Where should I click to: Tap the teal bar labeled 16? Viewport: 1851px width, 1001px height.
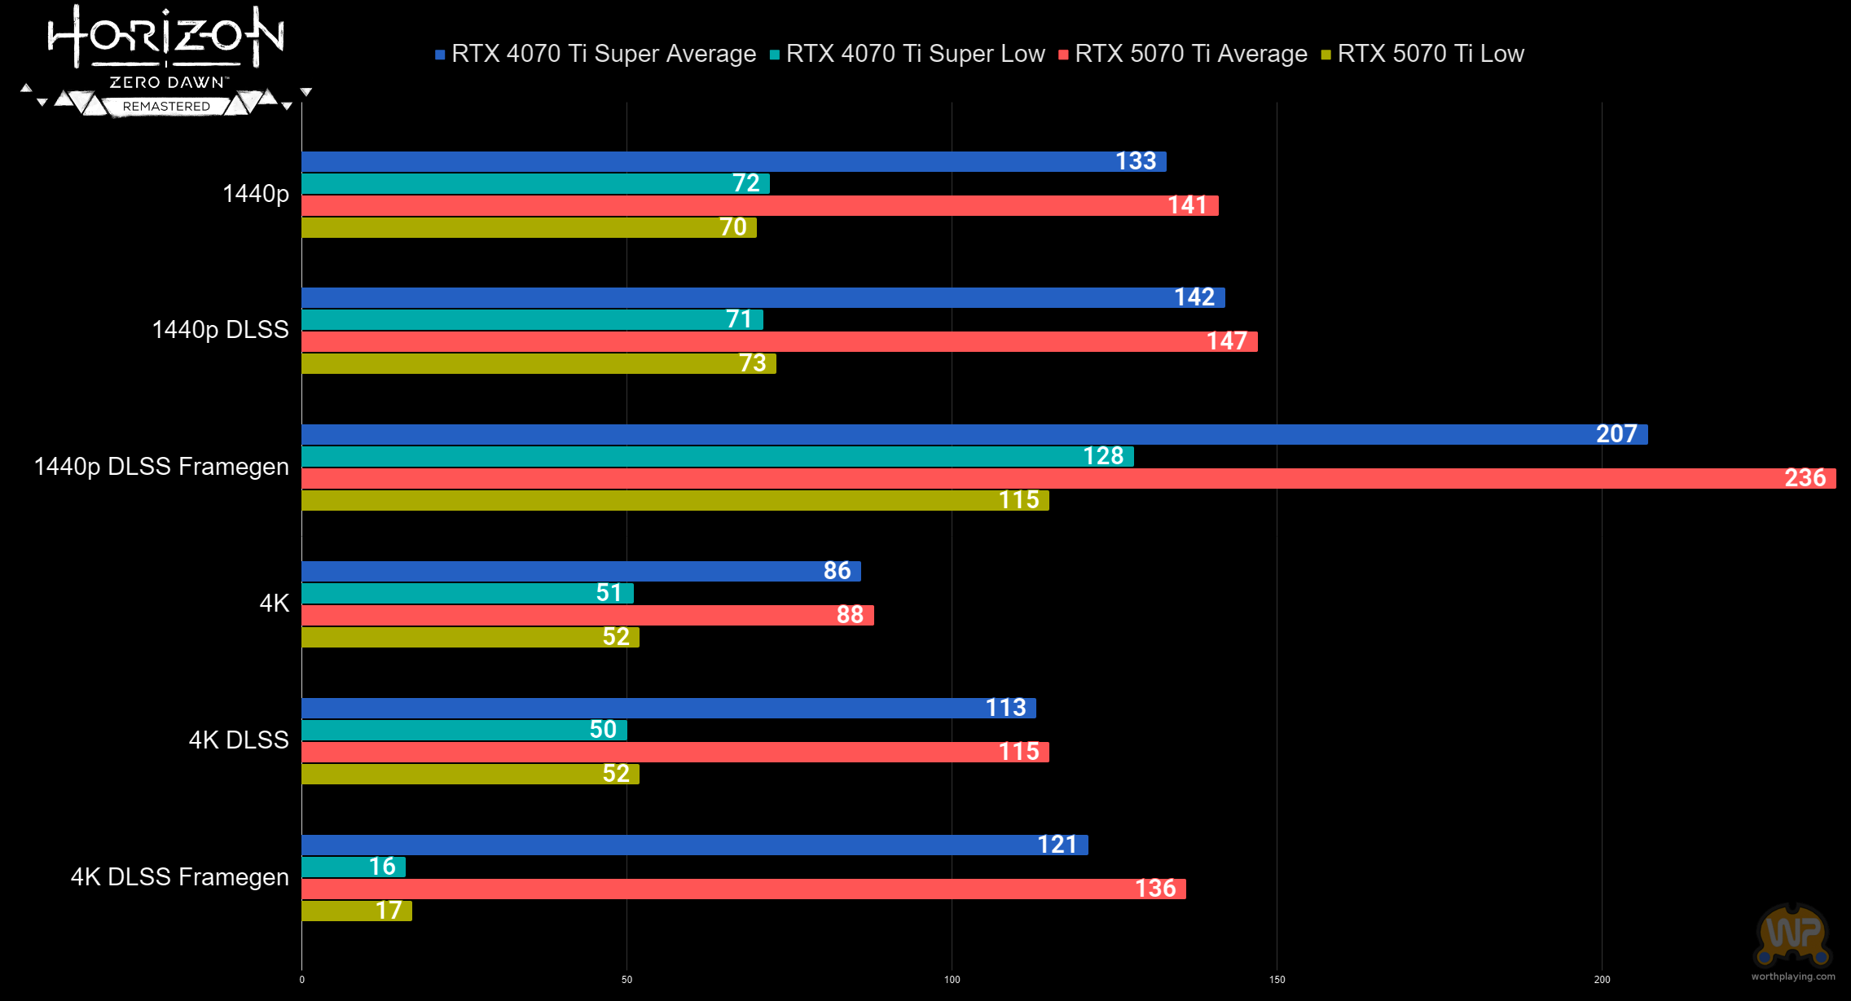(x=353, y=867)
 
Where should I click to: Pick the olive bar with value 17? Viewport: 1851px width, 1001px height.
(x=356, y=911)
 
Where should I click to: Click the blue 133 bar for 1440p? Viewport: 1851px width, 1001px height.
(x=733, y=161)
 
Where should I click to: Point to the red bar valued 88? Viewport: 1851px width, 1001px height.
(x=587, y=615)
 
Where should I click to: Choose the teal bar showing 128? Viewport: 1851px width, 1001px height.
(x=717, y=456)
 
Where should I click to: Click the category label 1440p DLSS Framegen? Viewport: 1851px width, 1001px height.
(x=161, y=467)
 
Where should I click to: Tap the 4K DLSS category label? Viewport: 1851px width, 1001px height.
(x=239, y=740)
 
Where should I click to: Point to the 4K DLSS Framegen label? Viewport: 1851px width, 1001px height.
(x=179, y=877)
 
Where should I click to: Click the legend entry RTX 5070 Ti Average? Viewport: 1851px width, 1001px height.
(x=1190, y=54)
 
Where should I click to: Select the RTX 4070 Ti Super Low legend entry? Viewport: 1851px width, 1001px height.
(x=915, y=54)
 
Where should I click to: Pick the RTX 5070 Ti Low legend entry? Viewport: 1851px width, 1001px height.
(x=1430, y=54)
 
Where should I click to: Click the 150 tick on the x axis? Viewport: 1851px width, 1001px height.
(x=1277, y=980)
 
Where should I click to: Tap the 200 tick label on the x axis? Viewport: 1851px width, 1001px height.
(x=1602, y=980)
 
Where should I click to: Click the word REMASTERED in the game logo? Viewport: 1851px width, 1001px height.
(x=166, y=107)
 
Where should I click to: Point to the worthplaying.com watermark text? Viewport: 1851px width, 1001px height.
(x=1793, y=977)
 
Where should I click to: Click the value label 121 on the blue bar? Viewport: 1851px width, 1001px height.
(x=1057, y=845)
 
